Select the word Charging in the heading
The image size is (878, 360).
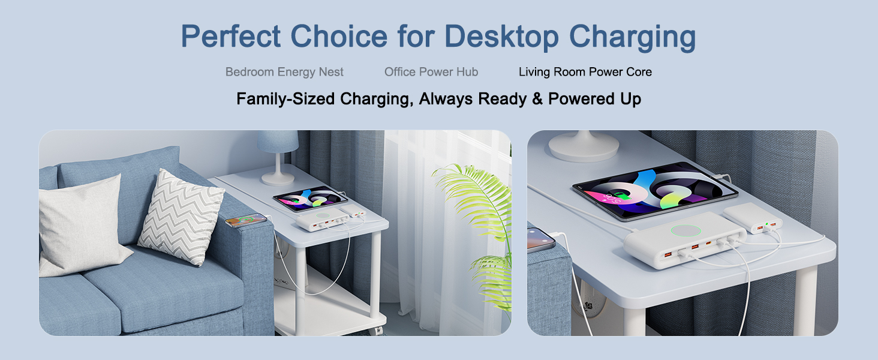(633, 37)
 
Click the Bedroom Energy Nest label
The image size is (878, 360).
(284, 72)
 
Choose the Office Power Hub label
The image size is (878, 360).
(431, 72)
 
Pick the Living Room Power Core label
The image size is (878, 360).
(585, 72)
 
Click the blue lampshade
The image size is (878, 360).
(278, 142)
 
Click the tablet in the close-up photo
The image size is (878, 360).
(655, 190)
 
